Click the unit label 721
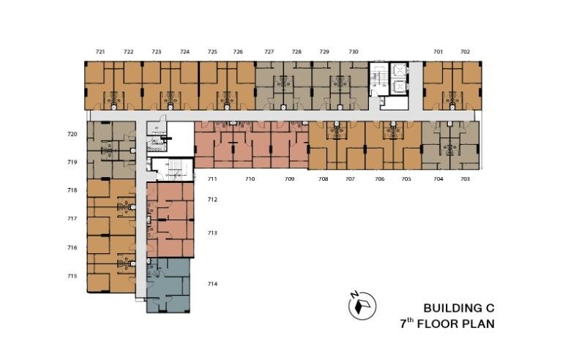100,52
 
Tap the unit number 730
354,52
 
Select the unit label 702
466,52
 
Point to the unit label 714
212,284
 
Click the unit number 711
212,179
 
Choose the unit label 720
72,135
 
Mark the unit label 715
72,276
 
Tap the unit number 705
406,179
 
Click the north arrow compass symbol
362,304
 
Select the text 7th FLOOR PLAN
447,323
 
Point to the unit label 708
323,179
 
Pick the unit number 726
238,52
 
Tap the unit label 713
212,233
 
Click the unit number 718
72,190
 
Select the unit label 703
466,179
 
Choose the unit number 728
296,52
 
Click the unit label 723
157,52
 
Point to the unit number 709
290,179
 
